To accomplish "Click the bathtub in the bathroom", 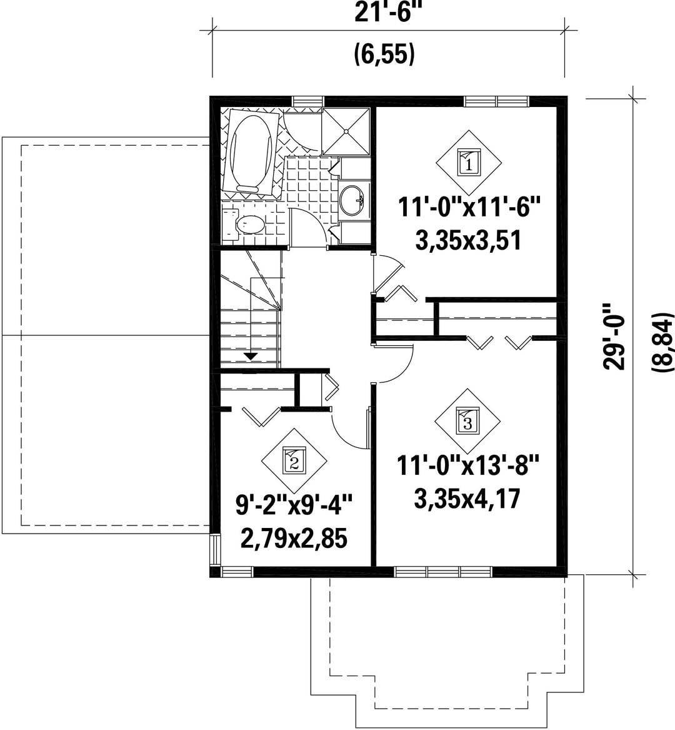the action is point(252,151).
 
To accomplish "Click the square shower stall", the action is point(346,132).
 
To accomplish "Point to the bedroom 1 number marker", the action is point(469,163).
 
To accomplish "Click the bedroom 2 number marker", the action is point(294,461).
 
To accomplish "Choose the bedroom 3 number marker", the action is point(467,422).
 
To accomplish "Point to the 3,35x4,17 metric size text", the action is point(467,499).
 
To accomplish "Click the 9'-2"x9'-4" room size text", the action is point(294,505).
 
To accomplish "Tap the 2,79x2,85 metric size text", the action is point(294,539).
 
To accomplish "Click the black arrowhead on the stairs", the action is point(251,357).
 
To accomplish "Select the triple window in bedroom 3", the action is point(443,571).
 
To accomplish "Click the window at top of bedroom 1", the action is point(496,101).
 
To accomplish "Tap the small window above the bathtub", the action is point(307,101).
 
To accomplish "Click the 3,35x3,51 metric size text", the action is point(467,241).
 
